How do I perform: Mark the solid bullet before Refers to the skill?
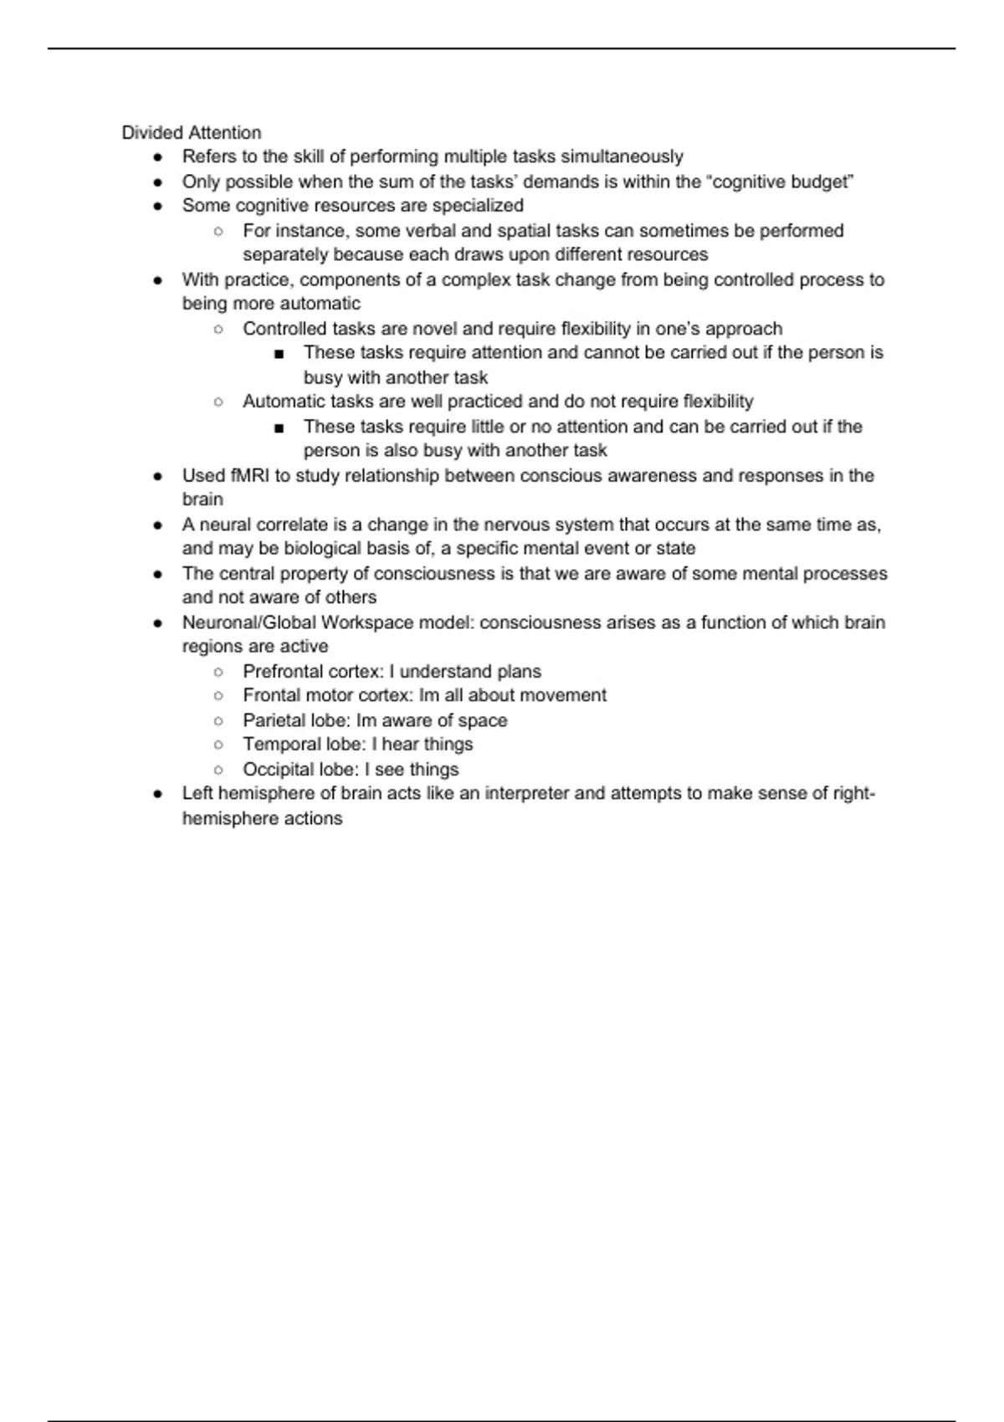157,157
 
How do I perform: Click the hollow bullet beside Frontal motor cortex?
218,696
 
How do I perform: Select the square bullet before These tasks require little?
279,427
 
